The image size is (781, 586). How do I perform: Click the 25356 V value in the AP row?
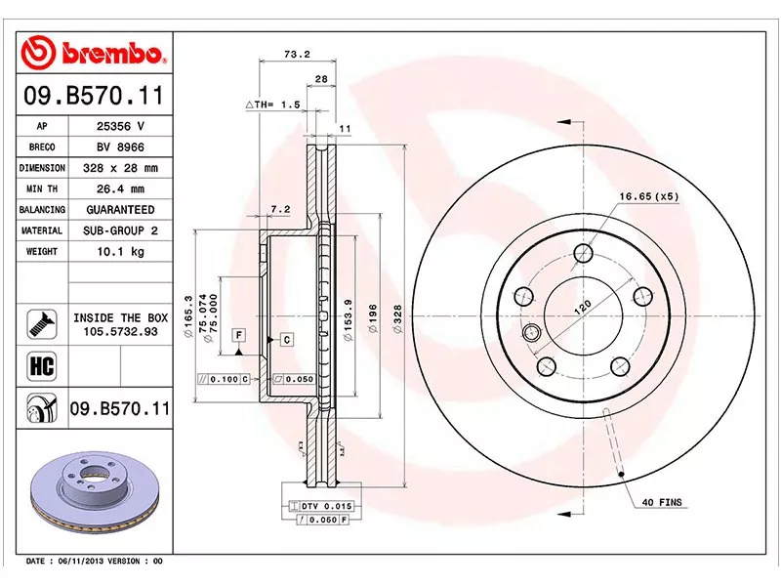[119, 126]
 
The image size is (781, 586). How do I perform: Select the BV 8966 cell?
[119, 146]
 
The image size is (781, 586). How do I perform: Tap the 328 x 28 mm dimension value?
[119, 168]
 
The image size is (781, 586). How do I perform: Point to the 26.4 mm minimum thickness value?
[119, 188]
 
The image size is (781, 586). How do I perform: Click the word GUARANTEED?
[119, 210]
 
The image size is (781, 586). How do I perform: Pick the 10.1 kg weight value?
[119, 252]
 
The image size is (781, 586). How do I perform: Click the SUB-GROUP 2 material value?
[119, 230]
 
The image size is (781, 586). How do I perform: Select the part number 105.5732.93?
[120, 332]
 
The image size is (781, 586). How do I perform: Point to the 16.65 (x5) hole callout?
[648, 196]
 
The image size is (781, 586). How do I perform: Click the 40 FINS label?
[662, 502]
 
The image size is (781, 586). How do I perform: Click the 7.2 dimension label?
[280, 209]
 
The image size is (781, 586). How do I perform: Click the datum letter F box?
[237, 335]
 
